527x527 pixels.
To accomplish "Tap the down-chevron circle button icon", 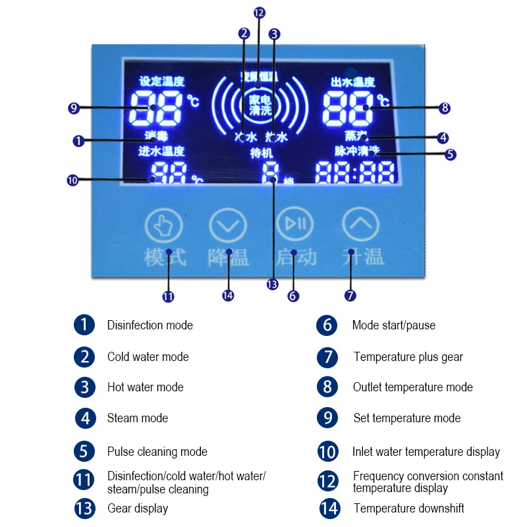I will click(227, 226).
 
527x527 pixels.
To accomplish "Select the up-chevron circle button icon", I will click(360, 226).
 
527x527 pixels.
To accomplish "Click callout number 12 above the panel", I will click(258, 13).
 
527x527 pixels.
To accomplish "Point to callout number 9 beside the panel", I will click(73, 107).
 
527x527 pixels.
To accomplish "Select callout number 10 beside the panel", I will click(73, 179).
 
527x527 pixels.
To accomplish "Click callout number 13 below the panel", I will click(272, 285).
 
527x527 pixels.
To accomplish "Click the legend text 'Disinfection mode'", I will click(150, 325).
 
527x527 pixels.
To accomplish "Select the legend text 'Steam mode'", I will click(137, 418).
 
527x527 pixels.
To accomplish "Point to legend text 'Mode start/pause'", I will click(393, 325).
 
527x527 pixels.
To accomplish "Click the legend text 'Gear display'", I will click(137, 508).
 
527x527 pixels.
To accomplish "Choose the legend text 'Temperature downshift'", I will click(408, 508).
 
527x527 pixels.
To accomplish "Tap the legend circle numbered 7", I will click(327, 357).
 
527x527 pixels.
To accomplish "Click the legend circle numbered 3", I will click(84, 387).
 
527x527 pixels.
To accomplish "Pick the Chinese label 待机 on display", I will click(261, 153).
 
